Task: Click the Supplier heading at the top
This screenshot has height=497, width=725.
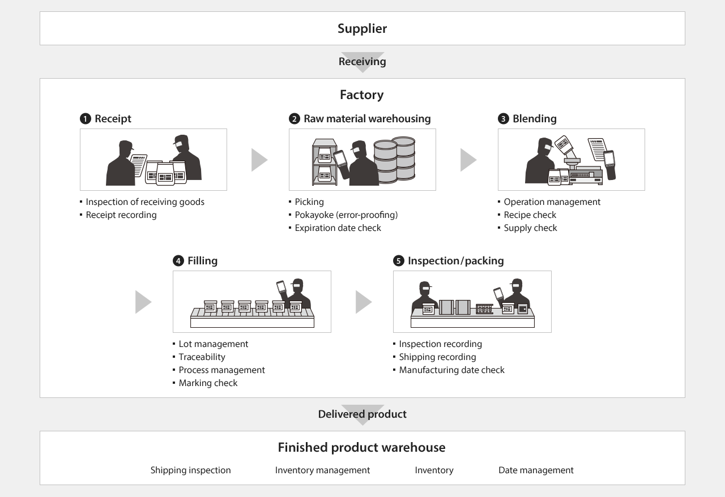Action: [362, 28]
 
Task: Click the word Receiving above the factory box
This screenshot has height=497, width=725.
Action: [362, 61]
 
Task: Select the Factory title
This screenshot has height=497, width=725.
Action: [361, 95]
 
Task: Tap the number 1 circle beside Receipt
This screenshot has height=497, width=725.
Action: [86, 119]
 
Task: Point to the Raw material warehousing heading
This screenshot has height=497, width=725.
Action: [367, 119]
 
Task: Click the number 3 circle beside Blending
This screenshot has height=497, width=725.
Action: [503, 119]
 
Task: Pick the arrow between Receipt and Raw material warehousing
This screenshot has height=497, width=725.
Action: [259, 160]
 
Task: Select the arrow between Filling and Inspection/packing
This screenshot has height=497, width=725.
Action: [363, 302]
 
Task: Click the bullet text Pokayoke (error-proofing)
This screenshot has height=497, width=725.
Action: [346, 215]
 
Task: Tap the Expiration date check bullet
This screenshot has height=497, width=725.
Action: [338, 228]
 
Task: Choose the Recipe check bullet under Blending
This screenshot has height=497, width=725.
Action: [530, 215]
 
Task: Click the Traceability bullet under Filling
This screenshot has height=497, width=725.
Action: [202, 357]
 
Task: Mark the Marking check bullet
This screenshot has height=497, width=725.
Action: [208, 383]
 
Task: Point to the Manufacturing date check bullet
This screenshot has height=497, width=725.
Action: [451, 370]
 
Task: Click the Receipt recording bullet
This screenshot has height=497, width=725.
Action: [121, 215]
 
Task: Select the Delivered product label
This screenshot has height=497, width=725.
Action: [362, 414]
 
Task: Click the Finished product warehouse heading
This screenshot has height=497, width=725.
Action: [361, 447]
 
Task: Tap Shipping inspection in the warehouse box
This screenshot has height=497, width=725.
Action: [190, 470]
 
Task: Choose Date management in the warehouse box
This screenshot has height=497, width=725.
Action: [536, 470]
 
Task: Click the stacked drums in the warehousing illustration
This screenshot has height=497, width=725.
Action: [395, 160]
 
